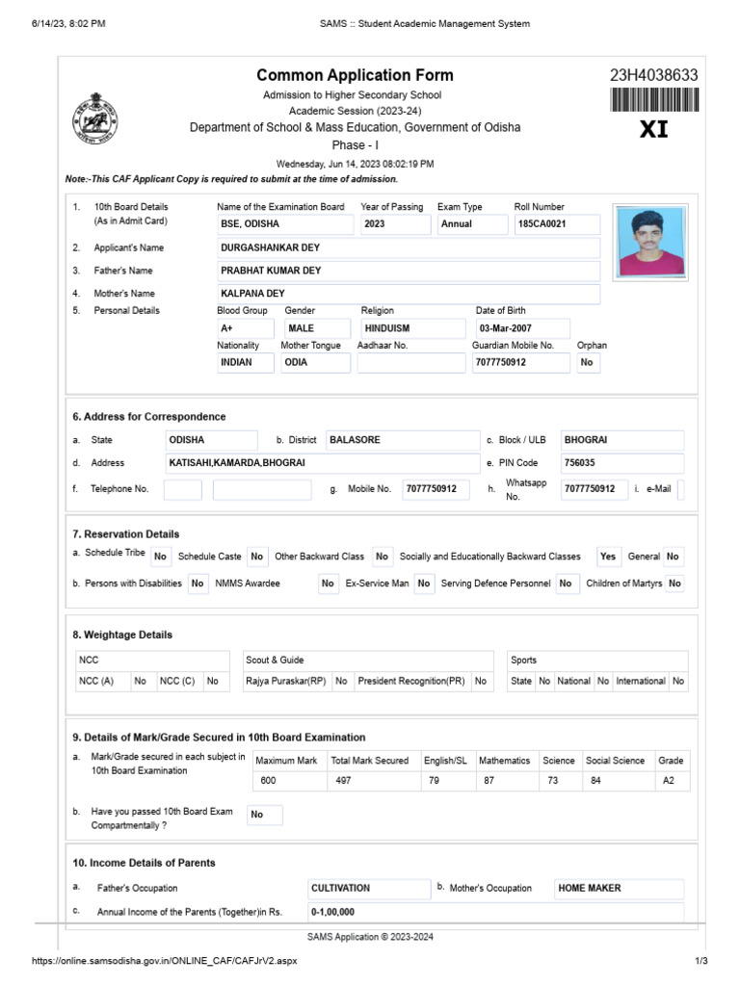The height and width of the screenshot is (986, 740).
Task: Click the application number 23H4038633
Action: pyautogui.click(x=653, y=76)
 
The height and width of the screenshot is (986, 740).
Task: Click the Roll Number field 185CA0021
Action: pyautogui.click(x=557, y=224)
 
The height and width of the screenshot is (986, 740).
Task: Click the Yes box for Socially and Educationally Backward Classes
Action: pyautogui.click(x=608, y=557)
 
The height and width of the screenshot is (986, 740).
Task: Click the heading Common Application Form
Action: pyautogui.click(x=355, y=75)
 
